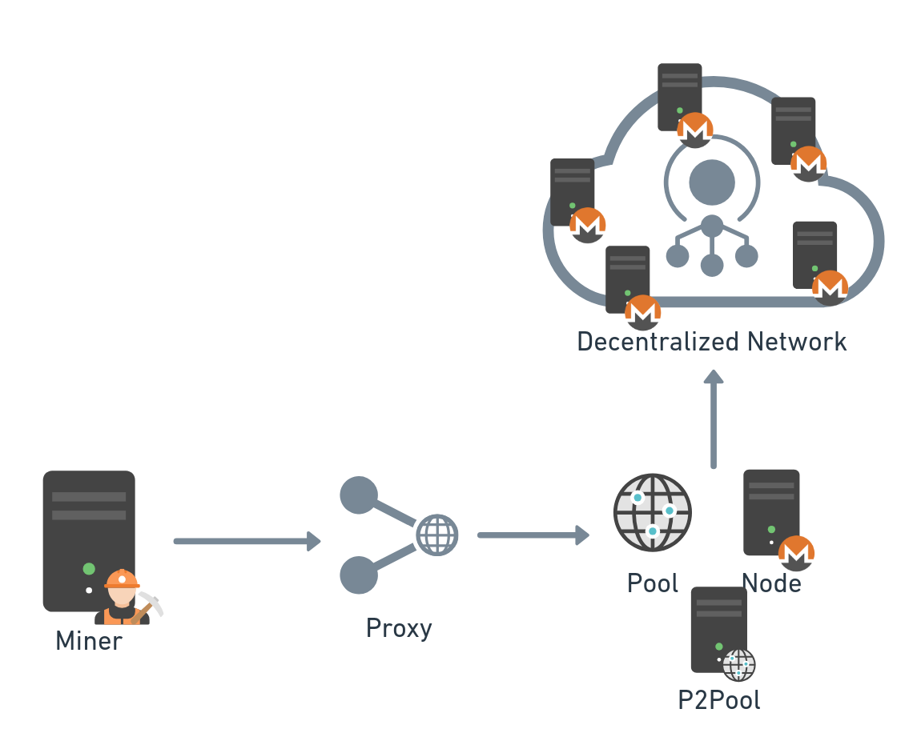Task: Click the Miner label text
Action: pyautogui.click(x=89, y=641)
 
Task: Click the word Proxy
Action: pyautogui.click(x=399, y=628)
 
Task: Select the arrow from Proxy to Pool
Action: pyautogui.click(x=533, y=535)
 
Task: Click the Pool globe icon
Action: pyautogui.click(x=653, y=512)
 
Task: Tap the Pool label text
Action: pyautogui.click(x=653, y=583)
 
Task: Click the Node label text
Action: pyautogui.click(x=771, y=583)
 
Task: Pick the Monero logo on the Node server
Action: pyautogui.click(x=796, y=553)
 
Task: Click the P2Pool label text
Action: pyautogui.click(x=719, y=700)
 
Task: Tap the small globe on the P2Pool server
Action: pyautogui.click(x=738, y=664)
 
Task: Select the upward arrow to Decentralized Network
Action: pyautogui.click(x=714, y=420)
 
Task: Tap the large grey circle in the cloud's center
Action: pyautogui.click(x=711, y=182)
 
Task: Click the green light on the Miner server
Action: pyautogui.click(x=89, y=569)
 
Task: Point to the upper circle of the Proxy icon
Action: pyautogui.click(x=359, y=495)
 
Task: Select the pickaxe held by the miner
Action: pyautogui.click(x=151, y=603)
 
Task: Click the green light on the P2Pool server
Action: pyautogui.click(x=719, y=647)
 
